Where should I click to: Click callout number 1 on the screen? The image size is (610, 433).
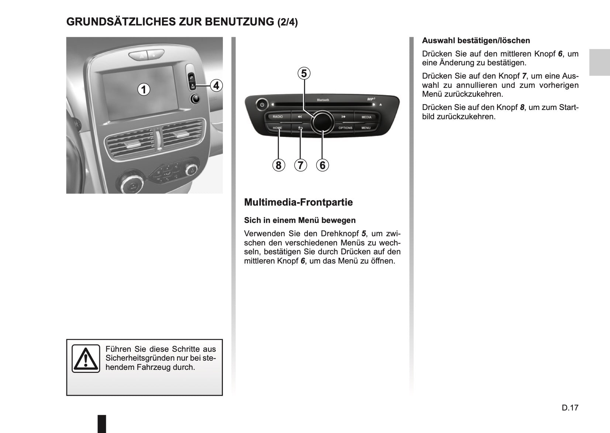pyautogui.click(x=144, y=89)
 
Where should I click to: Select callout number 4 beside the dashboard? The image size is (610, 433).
pyautogui.click(x=216, y=86)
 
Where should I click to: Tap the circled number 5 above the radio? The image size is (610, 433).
pyautogui.click(x=304, y=73)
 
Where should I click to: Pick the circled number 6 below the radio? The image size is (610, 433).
pyautogui.click(x=322, y=165)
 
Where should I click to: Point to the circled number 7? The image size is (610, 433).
pyautogui.click(x=300, y=165)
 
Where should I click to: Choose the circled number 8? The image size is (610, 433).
pyautogui.click(x=279, y=165)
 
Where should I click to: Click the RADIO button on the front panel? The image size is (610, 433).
pyautogui.click(x=278, y=117)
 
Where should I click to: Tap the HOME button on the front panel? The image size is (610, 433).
pyautogui.click(x=277, y=128)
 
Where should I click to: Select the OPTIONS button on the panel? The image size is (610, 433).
pyautogui.click(x=345, y=128)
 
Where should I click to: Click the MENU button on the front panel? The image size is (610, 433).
pyautogui.click(x=366, y=128)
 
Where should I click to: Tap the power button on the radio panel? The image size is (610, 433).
pyautogui.click(x=262, y=105)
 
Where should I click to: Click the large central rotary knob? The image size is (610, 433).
pyautogui.click(x=322, y=121)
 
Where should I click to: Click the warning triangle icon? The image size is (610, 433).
pyautogui.click(x=86, y=358)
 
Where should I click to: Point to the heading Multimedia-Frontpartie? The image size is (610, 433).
pyautogui.click(x=298, y=202)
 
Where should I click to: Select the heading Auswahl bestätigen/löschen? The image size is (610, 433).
pyautogui.click(x=476, y=41)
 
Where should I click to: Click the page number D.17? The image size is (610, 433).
pyautogui.click(x=570, y=408)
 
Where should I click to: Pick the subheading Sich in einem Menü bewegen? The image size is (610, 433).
pyautogui.click(x=300, y=220)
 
